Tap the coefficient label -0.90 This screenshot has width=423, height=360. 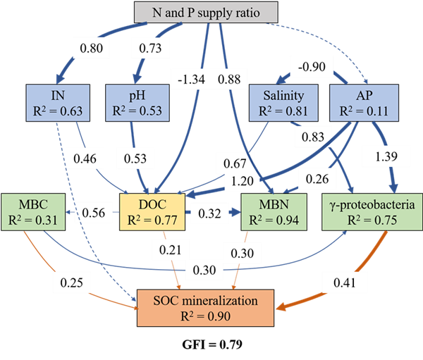(x=311, y=66)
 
